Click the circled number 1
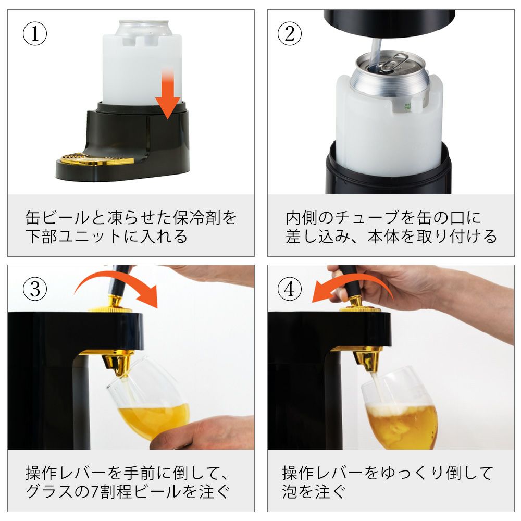pos(34,33)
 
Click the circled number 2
pos(289,33)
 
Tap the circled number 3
pos(34,289)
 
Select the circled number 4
pos(289,289)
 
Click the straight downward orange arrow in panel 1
pos(168,93)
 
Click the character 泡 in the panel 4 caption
pos(290,492)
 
